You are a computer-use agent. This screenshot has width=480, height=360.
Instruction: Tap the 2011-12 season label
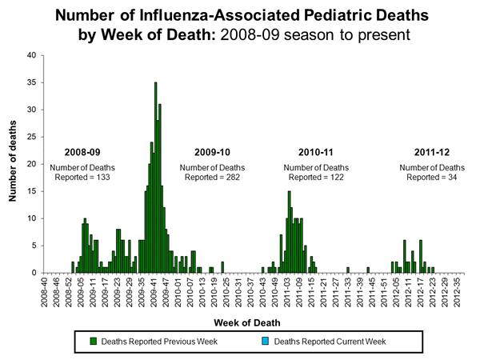433,152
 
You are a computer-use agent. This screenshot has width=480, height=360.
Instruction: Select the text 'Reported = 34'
433,176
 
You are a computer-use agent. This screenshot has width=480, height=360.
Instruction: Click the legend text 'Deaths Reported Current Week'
330,342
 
